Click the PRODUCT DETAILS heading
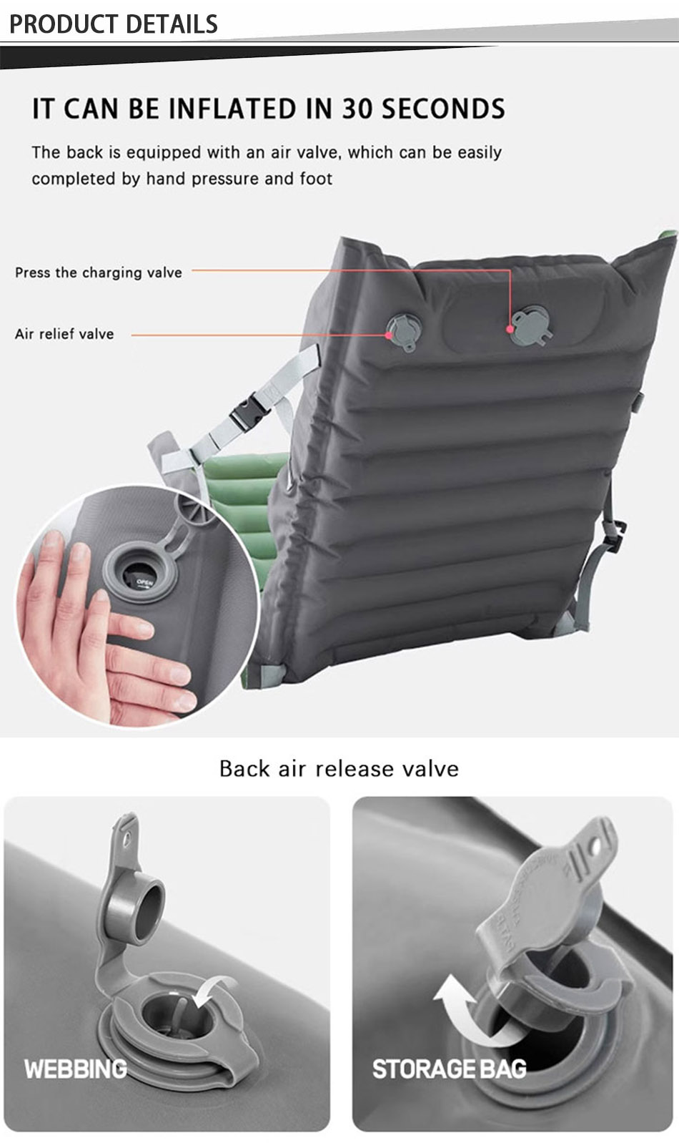click(113, 24)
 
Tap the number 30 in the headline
click(357, 109)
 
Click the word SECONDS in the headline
click(443, 109)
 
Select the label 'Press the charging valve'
click(99, 273)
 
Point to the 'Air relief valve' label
click(64, 334)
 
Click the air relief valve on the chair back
click(405, 332)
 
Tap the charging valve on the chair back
click(532, 325)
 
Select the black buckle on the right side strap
click(615, 536)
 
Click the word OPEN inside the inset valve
click(145, 582)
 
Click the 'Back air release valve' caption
click(339, 768)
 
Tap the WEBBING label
click(76, 1069)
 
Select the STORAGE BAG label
click(449, 1069)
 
